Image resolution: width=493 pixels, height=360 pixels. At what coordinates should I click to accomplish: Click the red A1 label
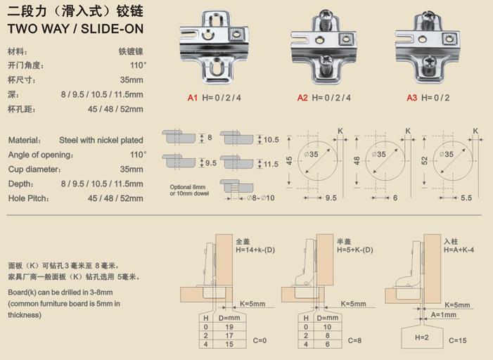(x=193, y=98)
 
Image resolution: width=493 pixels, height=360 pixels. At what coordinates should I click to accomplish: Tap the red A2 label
(x=302, y=98)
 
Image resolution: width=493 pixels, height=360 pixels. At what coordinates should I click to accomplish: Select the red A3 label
(x=411, y=98)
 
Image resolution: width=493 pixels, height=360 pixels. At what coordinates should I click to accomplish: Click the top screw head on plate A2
(x=325, y=15)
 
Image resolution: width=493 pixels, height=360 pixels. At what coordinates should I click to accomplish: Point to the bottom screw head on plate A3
(x=428, y=62)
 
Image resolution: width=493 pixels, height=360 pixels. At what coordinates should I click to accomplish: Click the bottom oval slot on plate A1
(x=215, y=67)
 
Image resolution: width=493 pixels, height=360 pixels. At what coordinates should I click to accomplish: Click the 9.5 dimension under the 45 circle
(x=331, y=198)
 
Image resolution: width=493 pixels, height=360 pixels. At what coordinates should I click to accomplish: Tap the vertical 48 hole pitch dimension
(x=357, y=160)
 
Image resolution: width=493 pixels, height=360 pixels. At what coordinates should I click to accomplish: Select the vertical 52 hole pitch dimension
(x=425, y=160)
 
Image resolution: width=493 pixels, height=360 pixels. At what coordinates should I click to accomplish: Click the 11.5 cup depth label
(x=271, y=164)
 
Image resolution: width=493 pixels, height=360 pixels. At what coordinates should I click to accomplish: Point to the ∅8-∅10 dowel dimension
(x=261, y=198)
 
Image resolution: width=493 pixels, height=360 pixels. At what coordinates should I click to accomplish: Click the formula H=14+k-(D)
(x=255, y=250)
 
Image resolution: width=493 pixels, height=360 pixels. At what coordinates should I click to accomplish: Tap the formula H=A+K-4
(x=459, y=250)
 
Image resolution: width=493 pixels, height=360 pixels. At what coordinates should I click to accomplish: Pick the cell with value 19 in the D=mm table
(x=229, y=327)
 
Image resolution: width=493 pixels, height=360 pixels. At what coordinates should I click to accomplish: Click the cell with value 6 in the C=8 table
(x=327, y=345)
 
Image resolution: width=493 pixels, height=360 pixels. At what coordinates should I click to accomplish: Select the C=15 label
(x=457, y=340)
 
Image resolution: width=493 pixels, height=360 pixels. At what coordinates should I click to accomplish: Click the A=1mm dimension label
(x=443, y=315)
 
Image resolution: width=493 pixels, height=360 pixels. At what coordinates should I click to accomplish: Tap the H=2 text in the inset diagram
(x=422, y=337)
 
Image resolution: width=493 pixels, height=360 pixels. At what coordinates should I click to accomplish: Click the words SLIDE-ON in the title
(x=113, y=29)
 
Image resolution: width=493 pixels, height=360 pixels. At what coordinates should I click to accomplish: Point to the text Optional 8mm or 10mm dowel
(x=189, y=191)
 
